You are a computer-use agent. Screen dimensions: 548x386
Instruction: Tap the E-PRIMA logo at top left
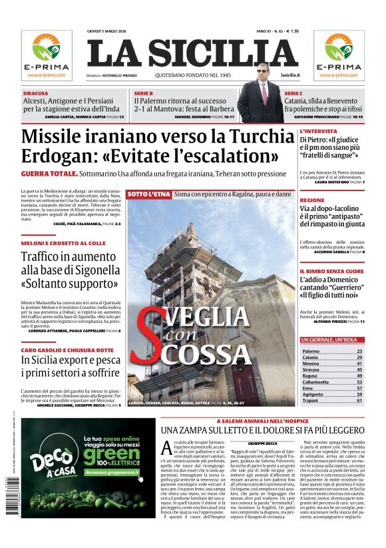click(47, 54)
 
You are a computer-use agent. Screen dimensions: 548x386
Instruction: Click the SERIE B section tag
click(144, 93)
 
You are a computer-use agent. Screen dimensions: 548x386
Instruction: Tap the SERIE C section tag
click(293, 93)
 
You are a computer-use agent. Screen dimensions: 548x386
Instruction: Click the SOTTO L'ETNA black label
click(148, 194)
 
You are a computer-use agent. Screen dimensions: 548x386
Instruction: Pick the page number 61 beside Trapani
click(359, 400)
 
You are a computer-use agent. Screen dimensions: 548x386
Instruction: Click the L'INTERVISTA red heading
click(317, 131)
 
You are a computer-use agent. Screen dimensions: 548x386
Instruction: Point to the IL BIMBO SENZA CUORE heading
click(331, 272)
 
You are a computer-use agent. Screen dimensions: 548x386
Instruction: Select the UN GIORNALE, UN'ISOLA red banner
click(331, 340)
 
